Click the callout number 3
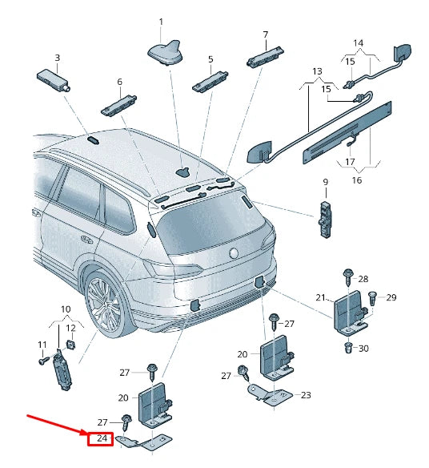(57, 58)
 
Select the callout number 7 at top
(265, 34)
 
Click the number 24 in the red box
(102, 438)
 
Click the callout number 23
(305, 395)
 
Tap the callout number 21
(320, 298)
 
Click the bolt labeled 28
(349, 276)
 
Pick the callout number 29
(391, 298)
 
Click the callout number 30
(363, 348)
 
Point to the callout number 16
(357, 180)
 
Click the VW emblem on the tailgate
(235, 253)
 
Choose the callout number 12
(70, 329)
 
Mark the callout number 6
(119, 82)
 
